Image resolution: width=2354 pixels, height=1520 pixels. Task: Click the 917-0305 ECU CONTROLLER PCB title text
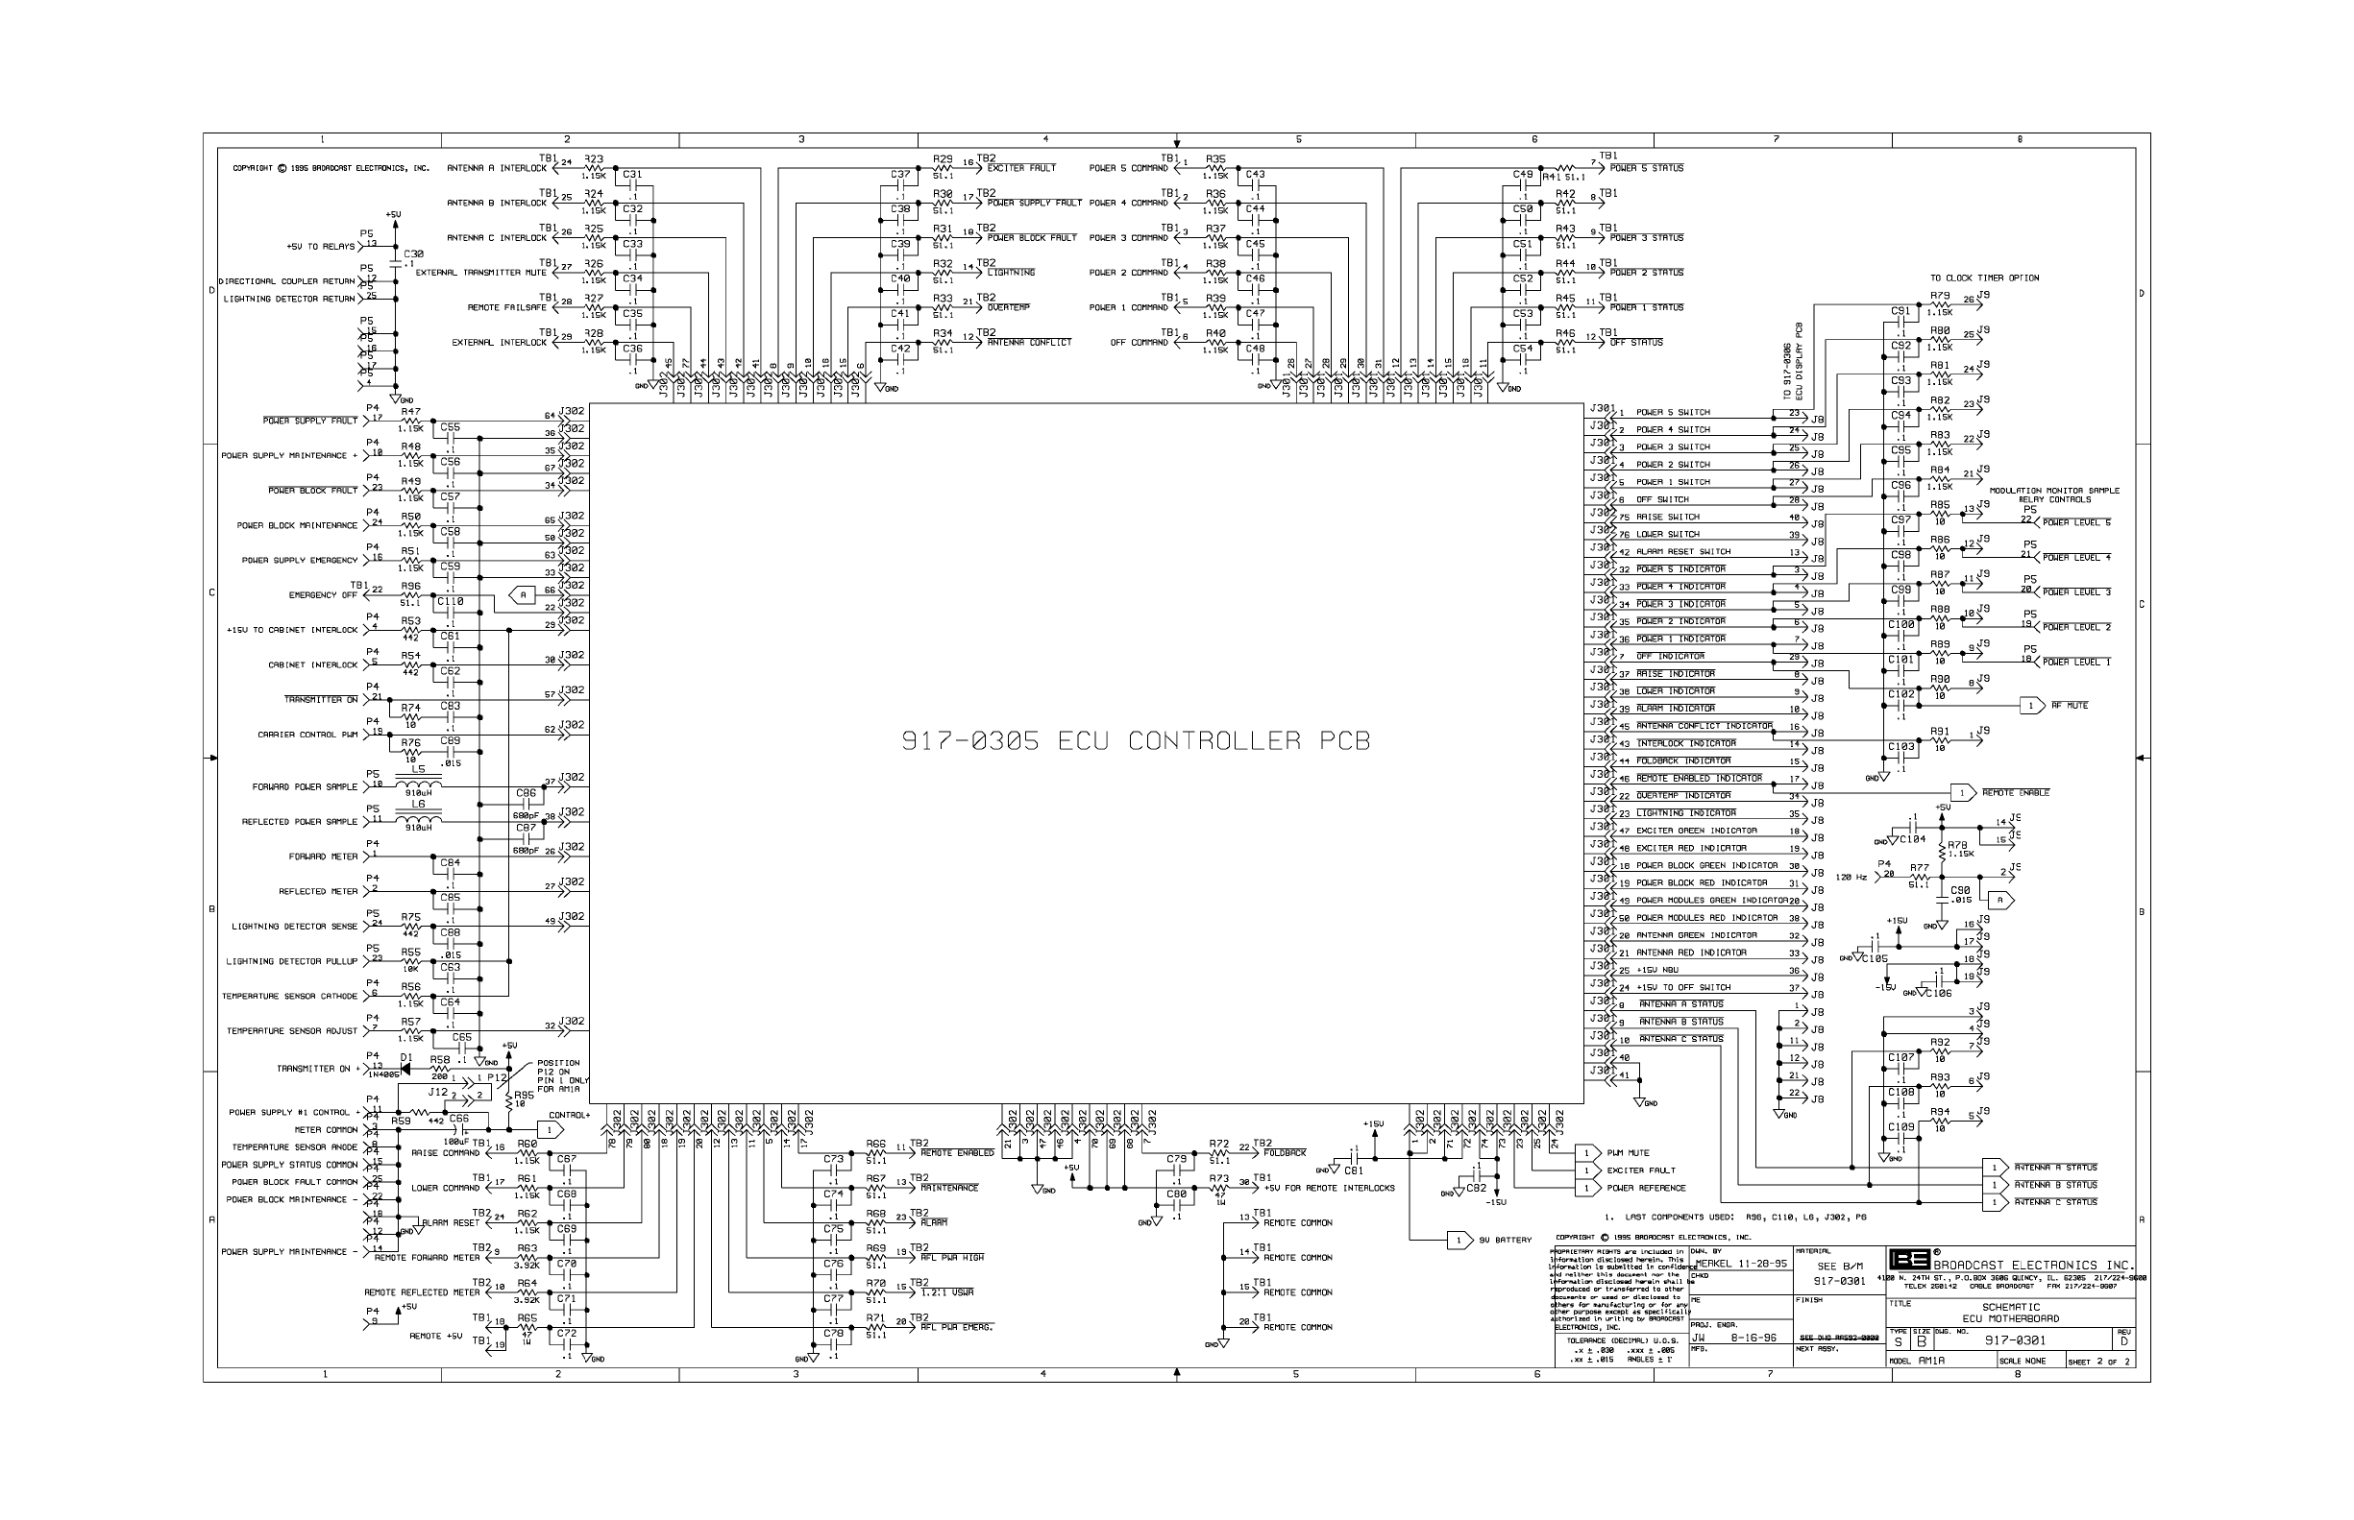(1136, 741)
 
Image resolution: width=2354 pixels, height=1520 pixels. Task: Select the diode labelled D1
(406, 1069)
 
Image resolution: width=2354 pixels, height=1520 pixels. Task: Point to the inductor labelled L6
(419, 818)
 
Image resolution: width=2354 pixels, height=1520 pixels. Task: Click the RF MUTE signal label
(2070, 706)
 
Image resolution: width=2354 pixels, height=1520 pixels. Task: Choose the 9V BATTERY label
(1505, 1241)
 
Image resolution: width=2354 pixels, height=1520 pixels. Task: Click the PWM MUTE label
(1629, 1153)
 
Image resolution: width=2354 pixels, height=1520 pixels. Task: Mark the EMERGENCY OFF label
(323, 595)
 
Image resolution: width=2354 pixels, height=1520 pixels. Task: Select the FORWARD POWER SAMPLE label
(306, 787)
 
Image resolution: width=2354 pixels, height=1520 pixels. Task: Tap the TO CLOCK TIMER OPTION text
(1985, 278)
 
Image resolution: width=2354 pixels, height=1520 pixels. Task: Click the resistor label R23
(594, 157)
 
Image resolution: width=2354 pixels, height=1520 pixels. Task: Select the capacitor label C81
(1354, 1170)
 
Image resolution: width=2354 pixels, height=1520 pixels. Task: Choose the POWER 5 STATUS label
(1646, 168)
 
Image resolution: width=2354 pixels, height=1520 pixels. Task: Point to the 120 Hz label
(1851, 877)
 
